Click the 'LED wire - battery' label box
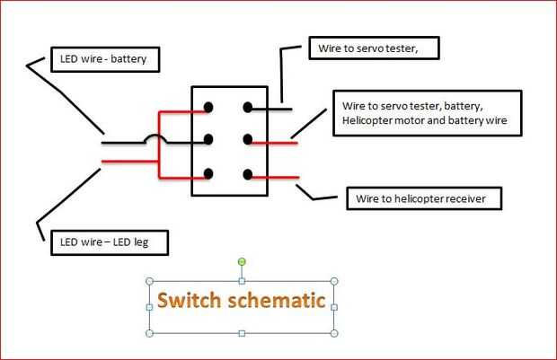point(107,60)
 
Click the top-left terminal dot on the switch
point(208,108)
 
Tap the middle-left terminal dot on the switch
point(208,140)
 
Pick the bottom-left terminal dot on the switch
point(208,173)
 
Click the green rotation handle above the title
point(241,261)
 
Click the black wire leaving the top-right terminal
point(273,108)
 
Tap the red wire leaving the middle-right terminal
point(274,142)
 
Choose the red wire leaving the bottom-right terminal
point(273,176)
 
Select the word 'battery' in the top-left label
point(137,60)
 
